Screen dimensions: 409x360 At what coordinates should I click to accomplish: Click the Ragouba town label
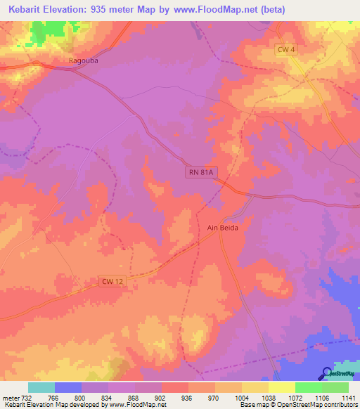point(82,60)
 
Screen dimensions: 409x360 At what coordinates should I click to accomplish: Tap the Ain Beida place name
point(224,228)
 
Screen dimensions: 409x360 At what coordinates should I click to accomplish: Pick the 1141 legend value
point(349,397)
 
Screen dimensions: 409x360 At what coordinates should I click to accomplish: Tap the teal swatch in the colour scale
point(41,387)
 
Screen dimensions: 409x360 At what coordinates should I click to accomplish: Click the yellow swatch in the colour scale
point(281,387)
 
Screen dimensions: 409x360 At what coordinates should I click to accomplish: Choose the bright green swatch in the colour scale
point(308,387)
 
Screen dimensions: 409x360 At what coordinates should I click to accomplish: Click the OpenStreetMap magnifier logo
point(326,373)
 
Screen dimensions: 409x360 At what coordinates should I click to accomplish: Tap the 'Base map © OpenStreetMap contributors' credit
point(299,405)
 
